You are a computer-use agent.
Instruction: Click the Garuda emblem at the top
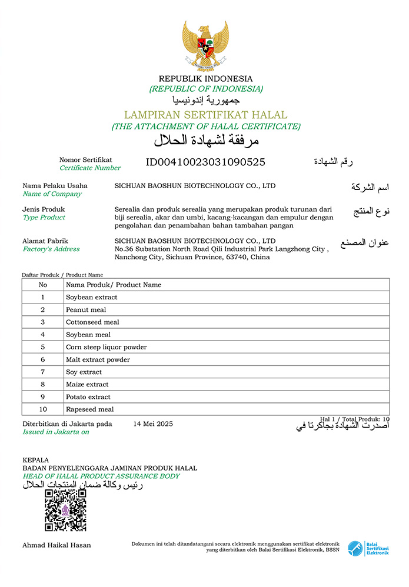(205, 45)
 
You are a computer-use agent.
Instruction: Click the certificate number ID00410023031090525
(205, 162)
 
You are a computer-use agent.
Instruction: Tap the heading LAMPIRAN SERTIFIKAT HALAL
(205, 115)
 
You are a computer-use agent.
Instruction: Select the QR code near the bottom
(66, 510)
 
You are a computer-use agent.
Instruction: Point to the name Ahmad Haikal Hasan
(56, 545)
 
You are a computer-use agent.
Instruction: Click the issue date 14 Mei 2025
(153, 423)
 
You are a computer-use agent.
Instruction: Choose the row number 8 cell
(43, 385)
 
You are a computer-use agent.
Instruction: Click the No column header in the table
(43, 285)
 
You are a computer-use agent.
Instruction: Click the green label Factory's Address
(51, 249)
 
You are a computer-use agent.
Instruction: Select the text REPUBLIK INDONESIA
(205, 79)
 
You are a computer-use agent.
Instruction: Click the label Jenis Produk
(44, 209)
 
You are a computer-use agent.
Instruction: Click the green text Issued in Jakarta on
(56, 432)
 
